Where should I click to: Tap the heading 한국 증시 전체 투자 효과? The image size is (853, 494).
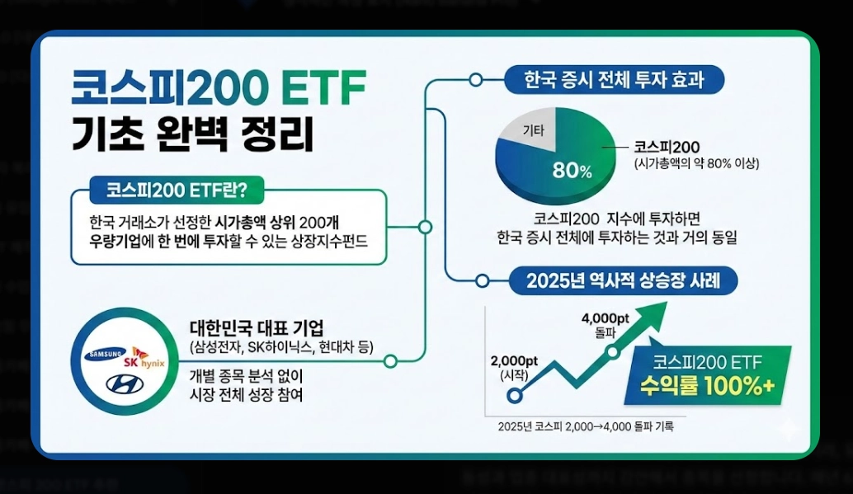613,80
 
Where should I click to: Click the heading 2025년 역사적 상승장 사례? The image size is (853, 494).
623,280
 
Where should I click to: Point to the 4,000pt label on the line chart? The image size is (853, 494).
605,318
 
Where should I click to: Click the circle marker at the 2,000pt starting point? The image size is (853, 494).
515,395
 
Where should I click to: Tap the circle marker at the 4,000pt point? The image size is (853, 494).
614,352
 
